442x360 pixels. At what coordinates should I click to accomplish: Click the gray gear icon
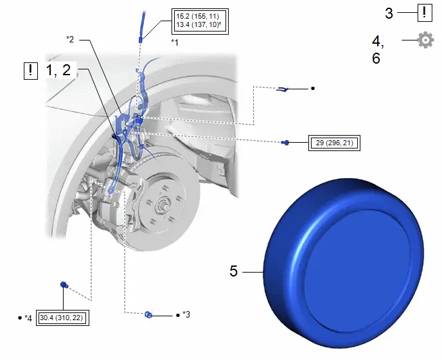[x=425, y=40]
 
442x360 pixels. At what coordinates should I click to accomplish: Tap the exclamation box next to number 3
[x=425, y=13]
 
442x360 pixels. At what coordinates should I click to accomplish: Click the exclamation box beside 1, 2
[x=31, y=71]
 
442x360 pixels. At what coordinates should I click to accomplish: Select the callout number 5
[x=234, y=271]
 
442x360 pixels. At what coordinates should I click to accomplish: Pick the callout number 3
[x=389, y=14]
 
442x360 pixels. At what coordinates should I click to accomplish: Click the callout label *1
[x=175, y=42]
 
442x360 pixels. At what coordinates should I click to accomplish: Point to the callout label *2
[x=70, y=39]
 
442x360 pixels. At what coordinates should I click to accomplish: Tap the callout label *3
[x=186, y=314]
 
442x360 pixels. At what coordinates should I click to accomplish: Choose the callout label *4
[x=28, y=318]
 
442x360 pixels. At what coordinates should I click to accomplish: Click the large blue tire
[x=344, y=263]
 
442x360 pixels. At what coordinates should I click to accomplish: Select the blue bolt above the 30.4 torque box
[x=64, y=285]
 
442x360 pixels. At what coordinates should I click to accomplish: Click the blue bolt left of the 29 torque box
[x=285, y=142]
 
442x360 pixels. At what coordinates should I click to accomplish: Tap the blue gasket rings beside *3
[x=148, y=314]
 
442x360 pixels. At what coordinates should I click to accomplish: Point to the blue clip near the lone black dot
[x=282, y=89]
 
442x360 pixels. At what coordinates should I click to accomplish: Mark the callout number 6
[x=376, y=59]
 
